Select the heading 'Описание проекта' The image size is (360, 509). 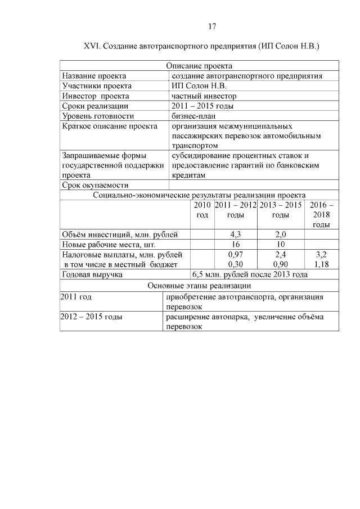pos(199,66)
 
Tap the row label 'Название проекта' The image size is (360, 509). pos(94,76)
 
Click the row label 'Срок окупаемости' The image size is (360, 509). pos(96,185)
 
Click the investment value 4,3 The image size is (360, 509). pos(236,235)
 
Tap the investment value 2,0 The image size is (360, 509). pos(281,235)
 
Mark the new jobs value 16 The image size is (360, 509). pos(236,245)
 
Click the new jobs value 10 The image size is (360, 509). pos(281,245)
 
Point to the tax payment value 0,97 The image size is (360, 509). pos(236,255)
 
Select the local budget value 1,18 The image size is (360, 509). pos(321,264)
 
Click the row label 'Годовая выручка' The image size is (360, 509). pos(93,275)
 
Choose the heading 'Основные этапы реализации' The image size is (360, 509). pos(199,286)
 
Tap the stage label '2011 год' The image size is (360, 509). pos(76,296)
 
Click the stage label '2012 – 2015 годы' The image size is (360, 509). pos(92,317)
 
